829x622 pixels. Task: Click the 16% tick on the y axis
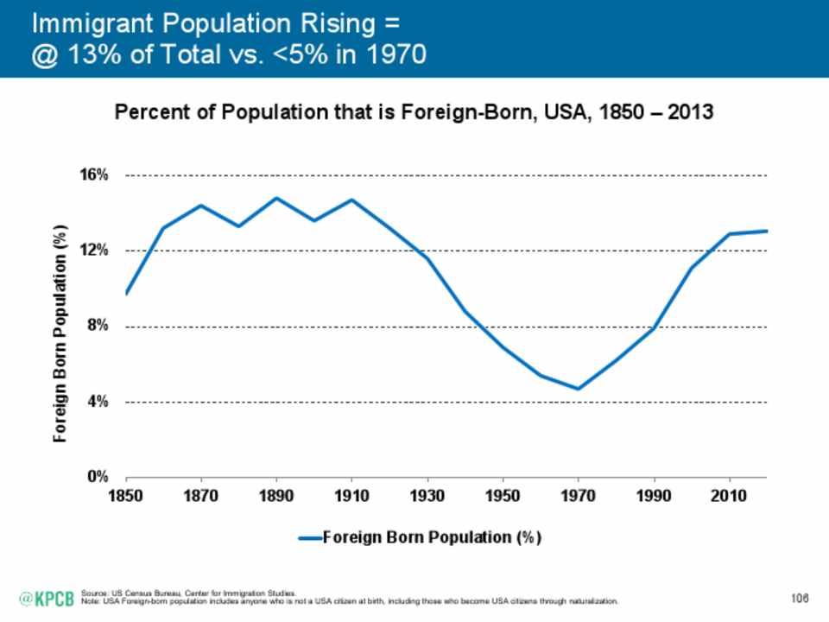[97, 175]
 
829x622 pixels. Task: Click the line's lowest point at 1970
[579, 389]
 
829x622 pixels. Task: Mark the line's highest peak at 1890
[276, 198]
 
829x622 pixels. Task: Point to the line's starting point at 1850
[126, 294]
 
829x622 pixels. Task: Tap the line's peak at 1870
[201, 206]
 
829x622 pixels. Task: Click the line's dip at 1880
[239, 226]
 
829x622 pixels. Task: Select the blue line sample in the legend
[310, 537]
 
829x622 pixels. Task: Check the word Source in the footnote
[91, 593]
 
